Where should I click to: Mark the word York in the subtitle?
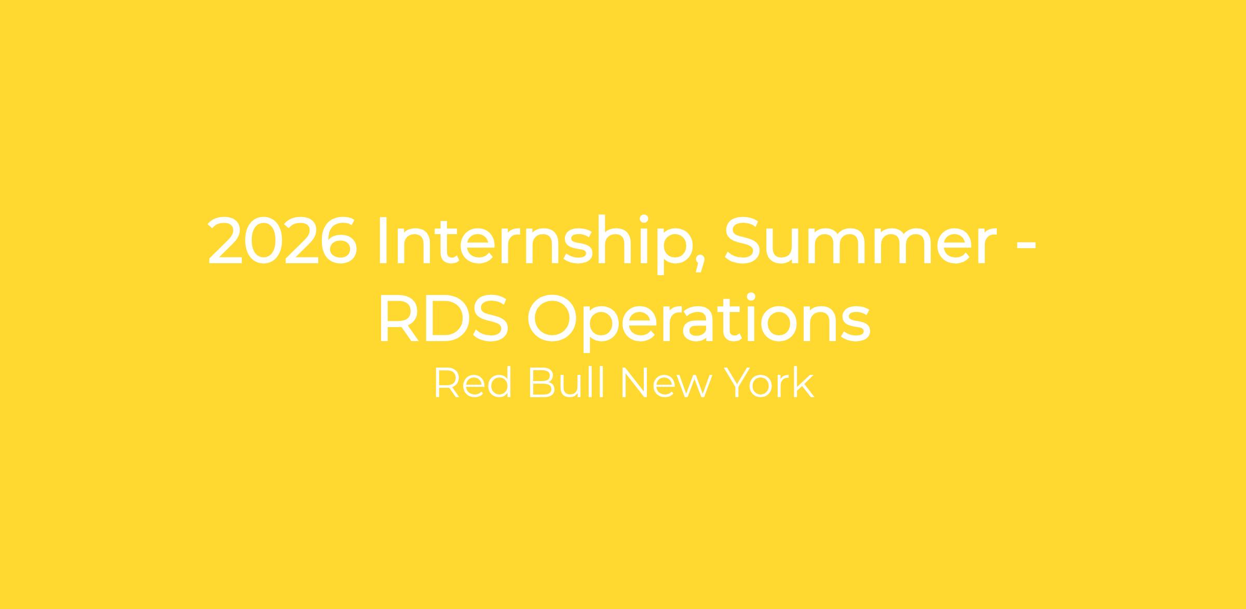pos(769,383)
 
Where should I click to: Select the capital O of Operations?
pos(552,318)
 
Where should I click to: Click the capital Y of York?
pos(739,383)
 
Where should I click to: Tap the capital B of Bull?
pos(541,383)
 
